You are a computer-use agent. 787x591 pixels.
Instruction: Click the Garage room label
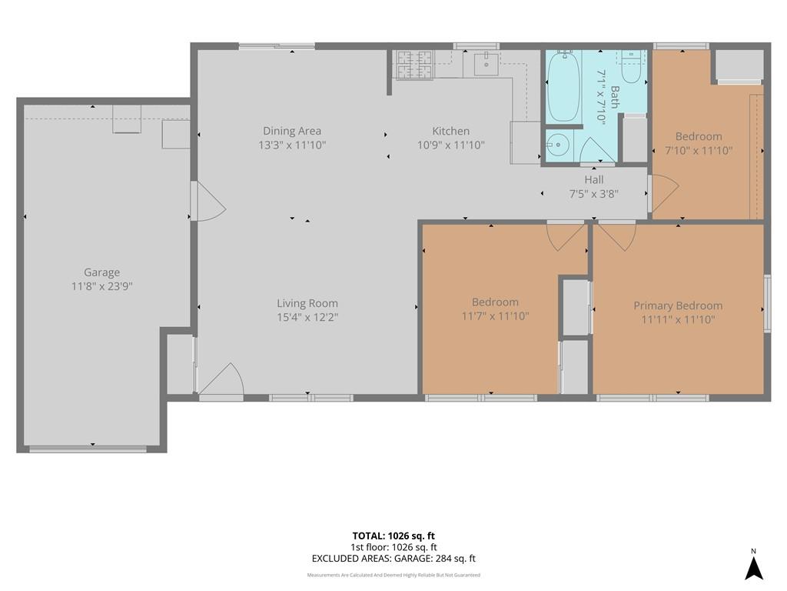102,272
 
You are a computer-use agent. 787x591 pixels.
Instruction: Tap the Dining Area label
292,131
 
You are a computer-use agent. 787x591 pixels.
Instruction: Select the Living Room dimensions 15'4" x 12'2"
307,317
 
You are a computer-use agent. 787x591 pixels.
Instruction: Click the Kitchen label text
450,131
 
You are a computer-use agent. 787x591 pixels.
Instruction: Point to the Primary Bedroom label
678,306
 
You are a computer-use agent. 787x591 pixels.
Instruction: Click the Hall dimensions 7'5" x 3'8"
594,193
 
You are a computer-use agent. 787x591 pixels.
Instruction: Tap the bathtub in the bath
563,86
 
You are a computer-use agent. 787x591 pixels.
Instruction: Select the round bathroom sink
556,145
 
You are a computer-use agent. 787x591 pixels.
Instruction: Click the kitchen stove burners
414,65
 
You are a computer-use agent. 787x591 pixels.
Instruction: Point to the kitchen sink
486,65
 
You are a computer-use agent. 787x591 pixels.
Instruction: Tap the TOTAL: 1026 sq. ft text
393,536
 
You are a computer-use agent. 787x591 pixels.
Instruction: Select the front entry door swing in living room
222,379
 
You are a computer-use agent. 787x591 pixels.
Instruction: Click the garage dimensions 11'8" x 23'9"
102,286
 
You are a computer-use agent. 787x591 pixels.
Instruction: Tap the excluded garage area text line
393,559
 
